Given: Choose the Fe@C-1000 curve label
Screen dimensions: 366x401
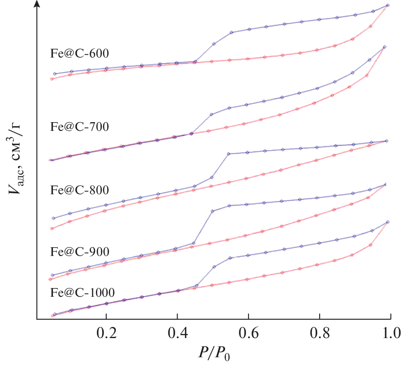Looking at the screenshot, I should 82,292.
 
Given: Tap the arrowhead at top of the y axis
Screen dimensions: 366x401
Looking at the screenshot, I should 38,4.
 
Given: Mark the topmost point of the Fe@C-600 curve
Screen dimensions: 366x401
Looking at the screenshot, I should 388,5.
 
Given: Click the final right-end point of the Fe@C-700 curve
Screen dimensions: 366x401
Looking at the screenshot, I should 384,47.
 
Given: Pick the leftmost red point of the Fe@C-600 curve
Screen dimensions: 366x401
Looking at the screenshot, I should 52,79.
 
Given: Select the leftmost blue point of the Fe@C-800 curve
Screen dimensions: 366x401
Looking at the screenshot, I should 53,218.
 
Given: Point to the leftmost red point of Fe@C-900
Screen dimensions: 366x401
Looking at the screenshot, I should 50,279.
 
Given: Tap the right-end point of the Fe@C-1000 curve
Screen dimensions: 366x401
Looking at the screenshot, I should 388,222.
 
